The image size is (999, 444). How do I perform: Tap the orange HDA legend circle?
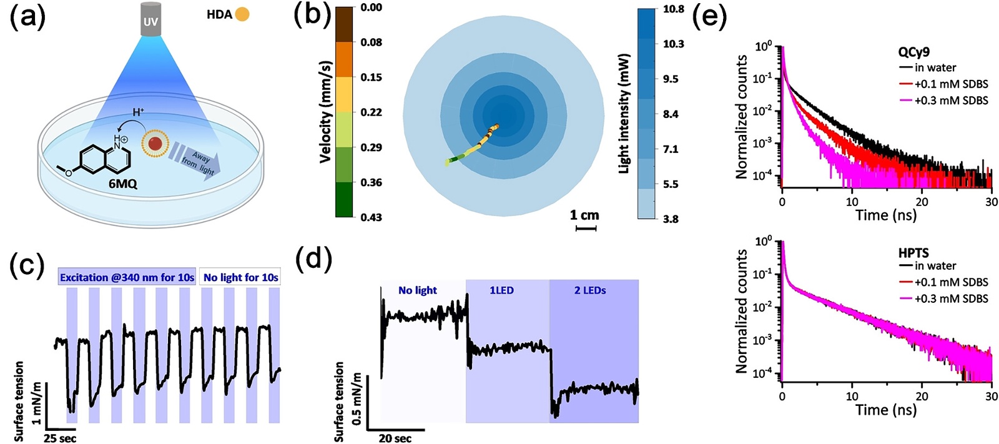242,14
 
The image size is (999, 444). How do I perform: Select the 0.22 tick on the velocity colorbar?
371,112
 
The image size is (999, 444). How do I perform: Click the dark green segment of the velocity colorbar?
344,200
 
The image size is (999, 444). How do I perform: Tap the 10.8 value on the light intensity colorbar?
673,9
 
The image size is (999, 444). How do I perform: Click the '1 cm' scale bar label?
584,215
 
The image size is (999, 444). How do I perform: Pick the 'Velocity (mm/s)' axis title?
325,112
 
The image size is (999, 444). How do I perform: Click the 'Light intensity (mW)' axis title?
624,113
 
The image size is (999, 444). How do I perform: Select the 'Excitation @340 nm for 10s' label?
127,277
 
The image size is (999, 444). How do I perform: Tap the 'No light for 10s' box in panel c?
240,277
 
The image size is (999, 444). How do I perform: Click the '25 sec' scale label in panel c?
60,438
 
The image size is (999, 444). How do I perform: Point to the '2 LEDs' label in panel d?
590,290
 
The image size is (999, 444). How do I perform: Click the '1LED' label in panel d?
501,290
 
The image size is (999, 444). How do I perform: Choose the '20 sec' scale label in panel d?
395,438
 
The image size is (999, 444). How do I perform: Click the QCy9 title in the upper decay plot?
914,53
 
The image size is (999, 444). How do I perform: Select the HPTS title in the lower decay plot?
913,253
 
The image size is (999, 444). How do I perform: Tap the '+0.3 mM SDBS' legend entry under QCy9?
951,100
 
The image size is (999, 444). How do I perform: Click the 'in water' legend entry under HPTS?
935,266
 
